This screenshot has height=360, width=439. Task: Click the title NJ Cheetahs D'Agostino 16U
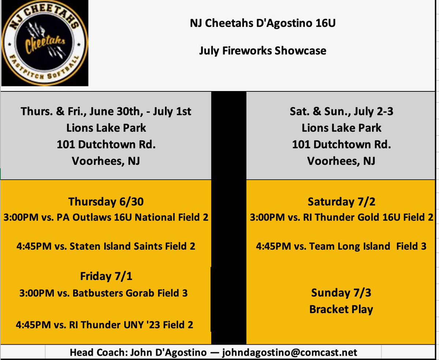click(x=263, y=23)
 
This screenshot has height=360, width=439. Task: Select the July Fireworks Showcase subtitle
click(x=263, y=50)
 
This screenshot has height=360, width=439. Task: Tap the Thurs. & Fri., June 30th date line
click(x=106, y=111)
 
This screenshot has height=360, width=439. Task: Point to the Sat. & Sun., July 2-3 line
click(x=341, y=111)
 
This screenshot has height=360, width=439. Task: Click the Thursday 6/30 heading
click(x=106, y=202)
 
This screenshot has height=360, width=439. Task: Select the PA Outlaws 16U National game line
click(x=106, y=217)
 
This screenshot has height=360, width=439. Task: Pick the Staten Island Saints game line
click(x=106, y=246)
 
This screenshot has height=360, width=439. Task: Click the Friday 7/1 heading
click(x=106, y=276)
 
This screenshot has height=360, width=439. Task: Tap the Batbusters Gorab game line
click(x=104, y=293)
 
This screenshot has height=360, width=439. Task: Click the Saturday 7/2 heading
click(x=341, y=202)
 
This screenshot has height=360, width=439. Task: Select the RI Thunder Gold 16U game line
click(x=341, y=217)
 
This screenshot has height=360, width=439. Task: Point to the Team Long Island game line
click(x=341, y=246)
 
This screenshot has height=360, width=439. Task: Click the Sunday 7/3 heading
click(x=341, y=293)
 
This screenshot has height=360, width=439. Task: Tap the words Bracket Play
click(x=341, y=309)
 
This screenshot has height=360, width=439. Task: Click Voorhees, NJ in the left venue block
click(x=106, y=161)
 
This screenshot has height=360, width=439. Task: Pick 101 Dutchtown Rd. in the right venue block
click(x=341, y=144)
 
